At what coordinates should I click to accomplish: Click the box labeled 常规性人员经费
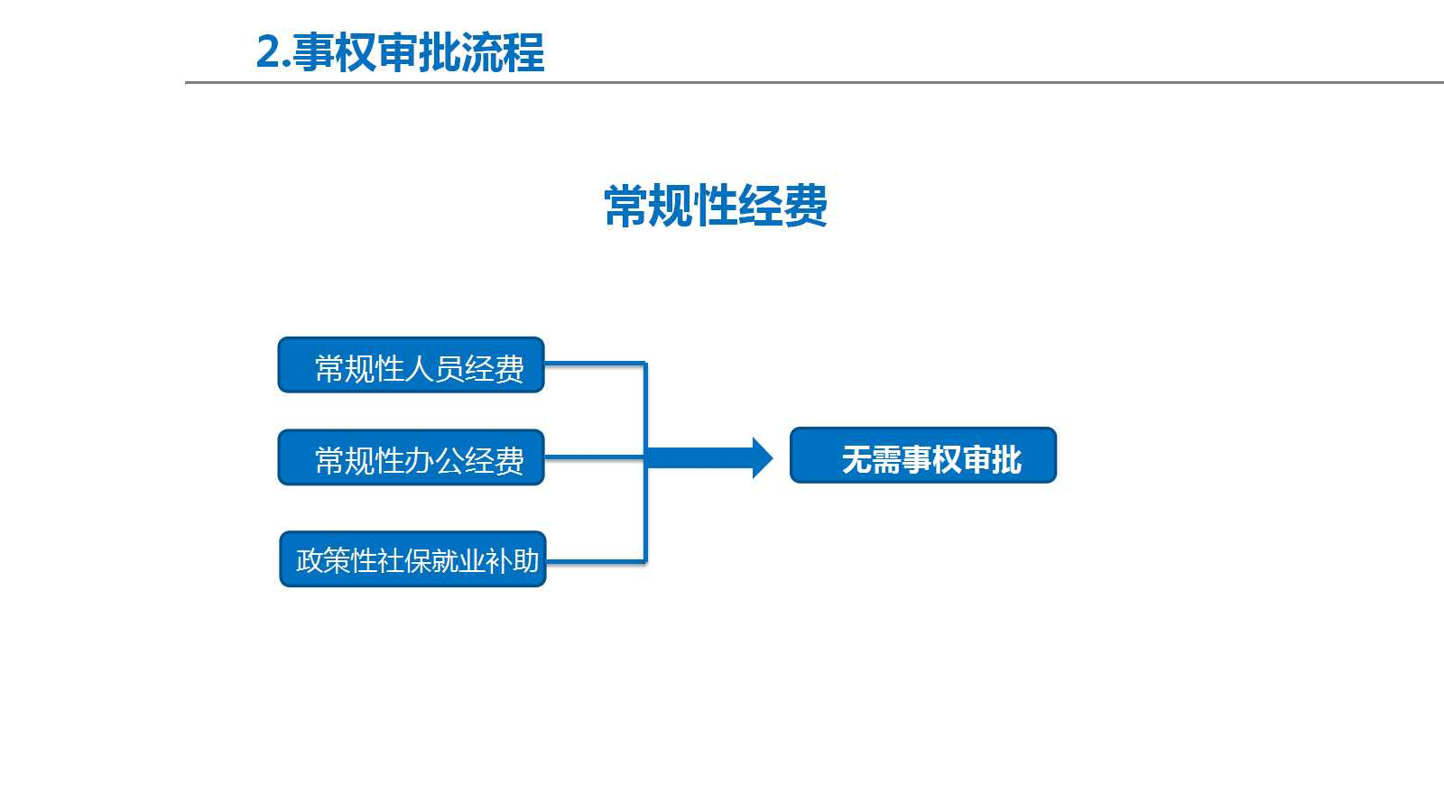coord(412,364)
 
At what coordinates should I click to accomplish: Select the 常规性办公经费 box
coord(412,457)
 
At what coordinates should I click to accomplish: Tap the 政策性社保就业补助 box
coord(412,559)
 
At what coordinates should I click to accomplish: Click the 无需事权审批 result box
coord(923,455)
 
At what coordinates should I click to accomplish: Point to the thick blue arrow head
coord(762,457)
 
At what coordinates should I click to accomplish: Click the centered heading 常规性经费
coord(716,207)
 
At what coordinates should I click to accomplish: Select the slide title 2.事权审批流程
coord(401,52)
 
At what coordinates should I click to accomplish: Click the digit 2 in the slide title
coord(267,52)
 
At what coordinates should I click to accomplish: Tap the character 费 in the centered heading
coord(805,207)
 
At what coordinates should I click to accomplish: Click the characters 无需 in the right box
coord(871,460)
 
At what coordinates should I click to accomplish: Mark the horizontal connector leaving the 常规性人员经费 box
coord(595,364)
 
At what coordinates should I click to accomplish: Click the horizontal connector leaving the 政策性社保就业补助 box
coord(597,562)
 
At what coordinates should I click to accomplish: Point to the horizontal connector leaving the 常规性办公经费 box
coord(595,457)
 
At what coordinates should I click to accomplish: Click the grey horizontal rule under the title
coord(814,82)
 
